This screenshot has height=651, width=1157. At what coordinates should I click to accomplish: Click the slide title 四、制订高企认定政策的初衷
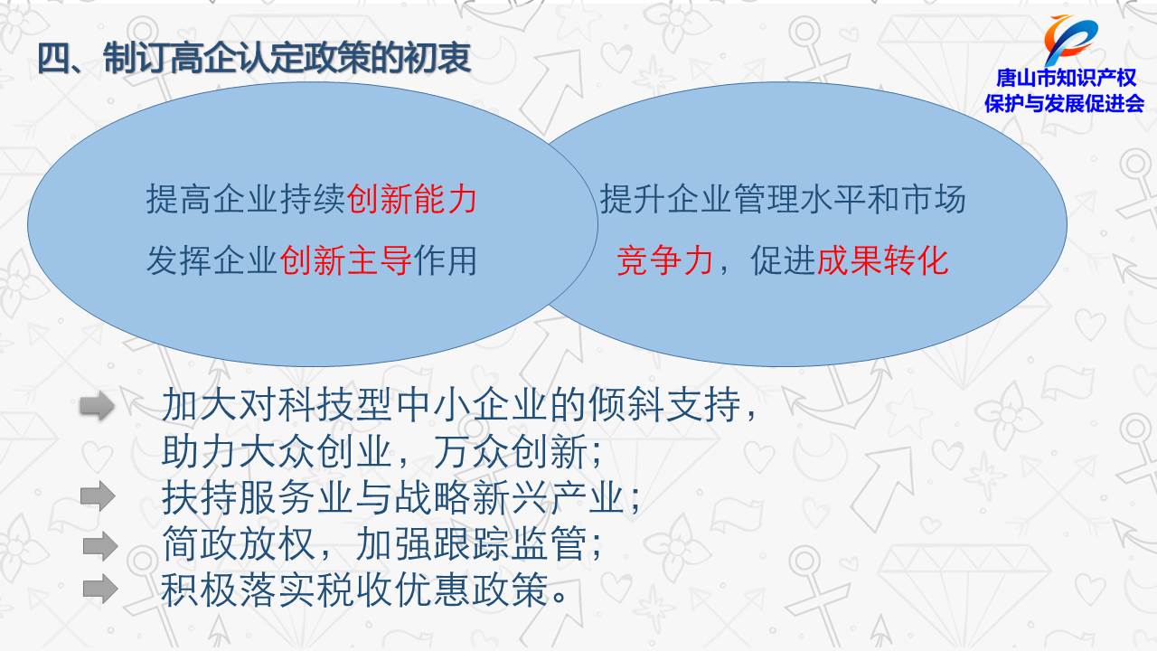pyautogui.click(x=254, y=58)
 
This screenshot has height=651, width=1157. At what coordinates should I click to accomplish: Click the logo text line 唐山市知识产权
pyautogui.click(x=1066, y=78)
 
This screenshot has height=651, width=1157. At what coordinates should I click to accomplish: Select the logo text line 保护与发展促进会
pyautogui.click(x=1064, y=104)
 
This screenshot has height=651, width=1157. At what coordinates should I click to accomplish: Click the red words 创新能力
pyautogui.click(x=411, y=199)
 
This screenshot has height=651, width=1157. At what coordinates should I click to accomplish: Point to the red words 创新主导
pyautogui.click(x=345, y=260)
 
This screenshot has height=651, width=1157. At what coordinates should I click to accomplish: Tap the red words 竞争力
pyautogui.click(x=664, y=260)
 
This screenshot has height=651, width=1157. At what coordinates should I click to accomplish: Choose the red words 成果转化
pyautogui.click(x=882, y=260)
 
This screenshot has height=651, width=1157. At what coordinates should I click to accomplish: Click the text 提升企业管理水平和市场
pyautogui.click(x=783, y=199)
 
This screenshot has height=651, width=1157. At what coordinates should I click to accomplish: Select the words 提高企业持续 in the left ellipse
pyautogui.click(x=246, y=199)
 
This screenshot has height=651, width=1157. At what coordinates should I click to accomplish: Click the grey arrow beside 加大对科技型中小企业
pyautogui.click(x=97, y=406)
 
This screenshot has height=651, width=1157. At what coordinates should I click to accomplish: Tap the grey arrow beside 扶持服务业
pyautogui.click(x=98, y=496)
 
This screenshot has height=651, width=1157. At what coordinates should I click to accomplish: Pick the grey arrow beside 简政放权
pyautogui.click(x=100, y=545)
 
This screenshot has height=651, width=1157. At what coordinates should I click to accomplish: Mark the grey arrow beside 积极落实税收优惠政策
pyautogui.click(x=100, y=589)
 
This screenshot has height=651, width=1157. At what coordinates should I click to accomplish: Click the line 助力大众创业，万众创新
pyautogui.click(x=381, y=451)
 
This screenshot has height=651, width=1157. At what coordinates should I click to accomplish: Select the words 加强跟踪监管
pyautogui.click(x=472, y=543)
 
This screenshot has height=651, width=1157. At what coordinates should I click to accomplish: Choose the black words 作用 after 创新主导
pyautogui.click(x=445, y=260)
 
